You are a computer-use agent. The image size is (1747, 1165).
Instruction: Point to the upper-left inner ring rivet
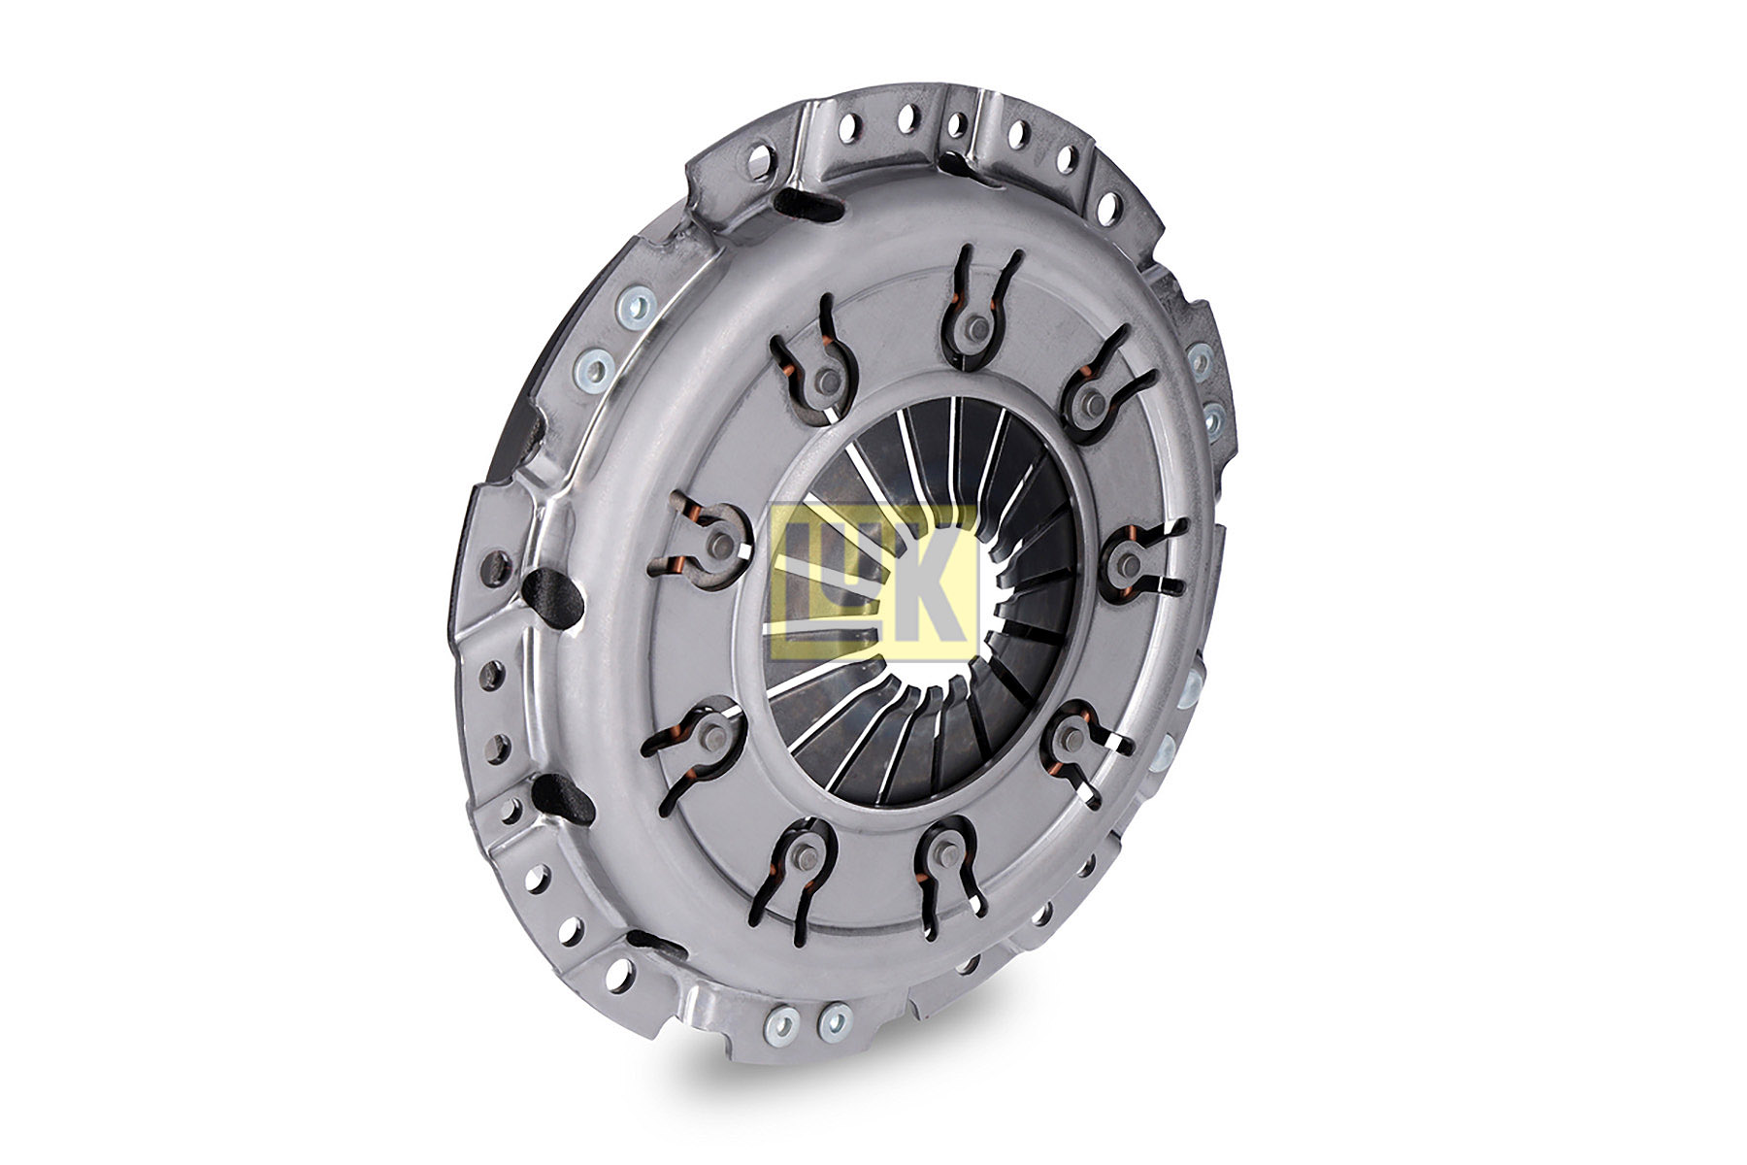[x=828, y=378]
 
